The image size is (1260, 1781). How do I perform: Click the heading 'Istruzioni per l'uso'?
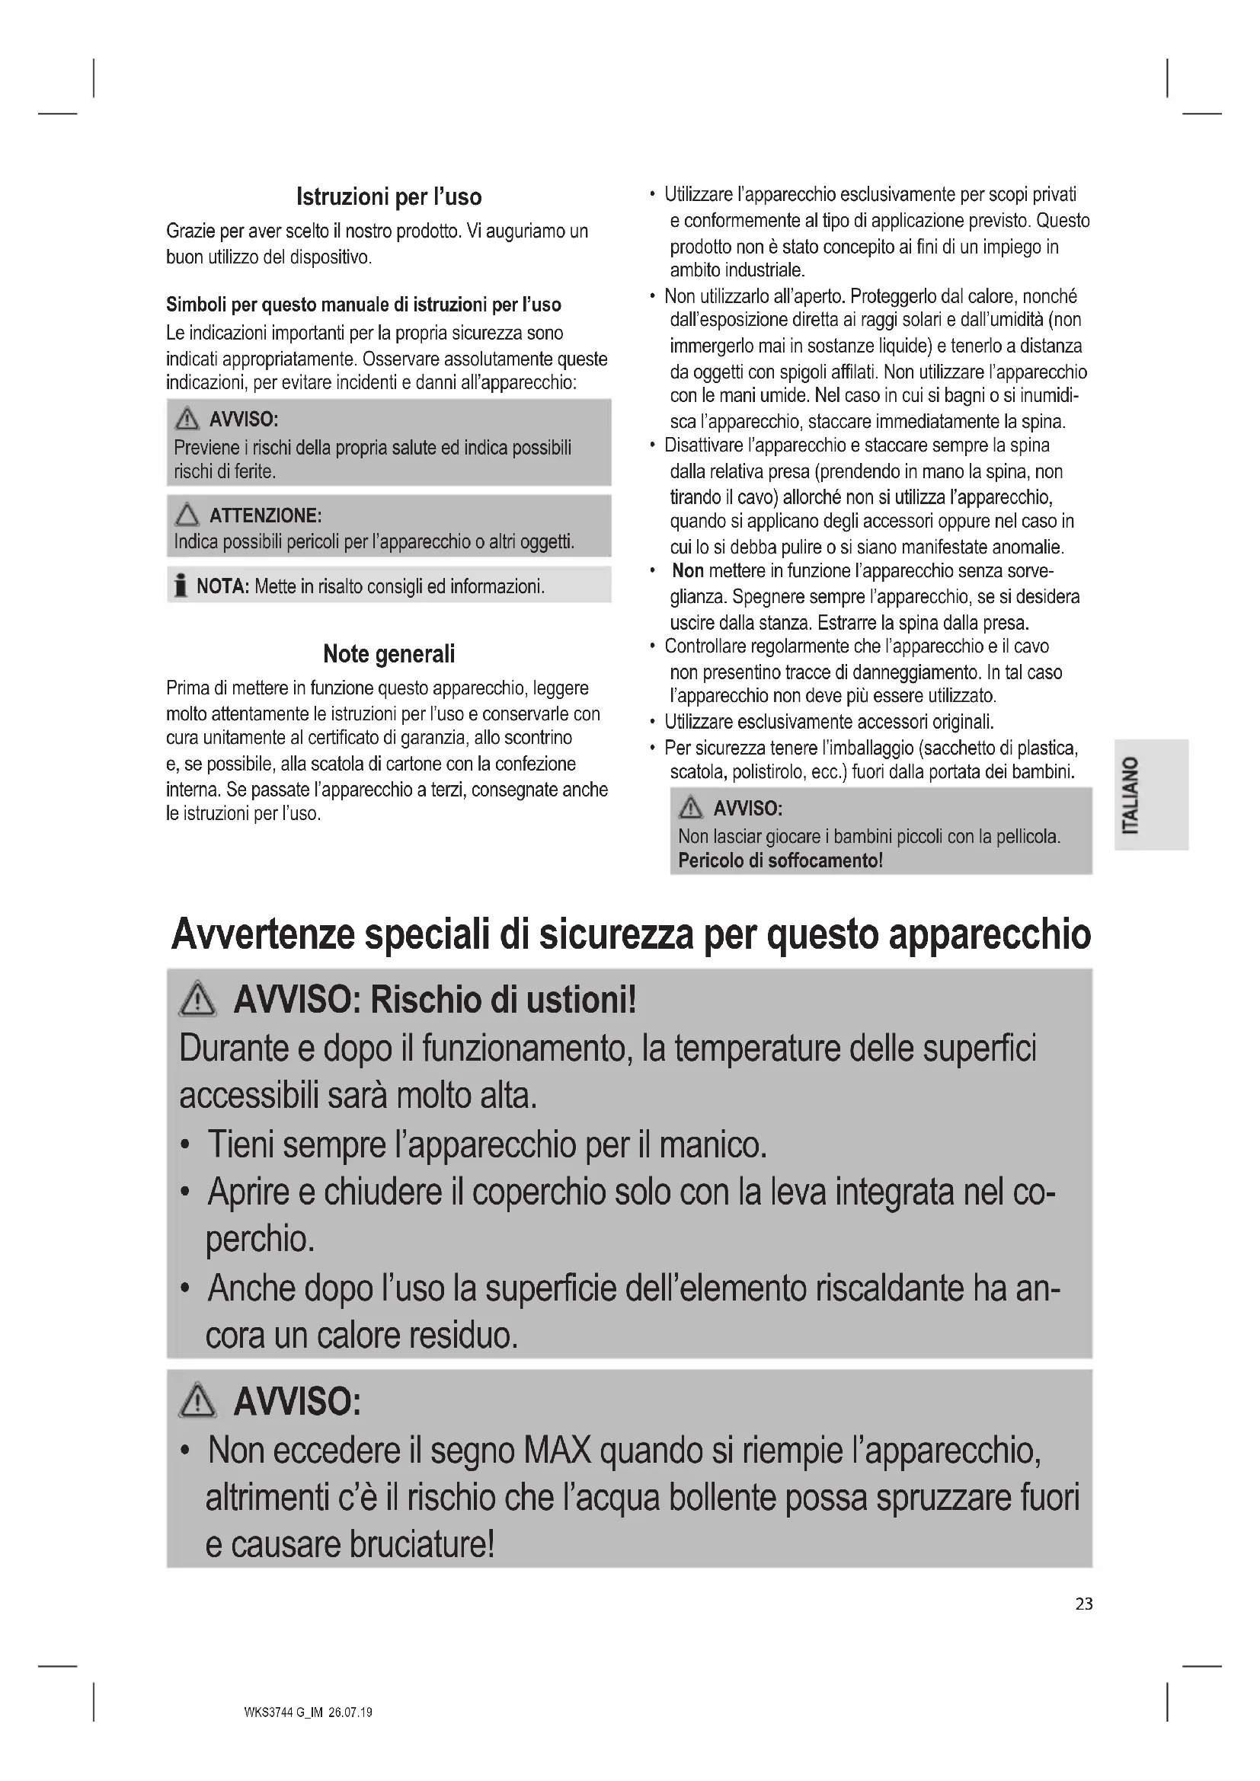pos(389,197)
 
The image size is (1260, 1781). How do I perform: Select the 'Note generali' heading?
pos(389,654)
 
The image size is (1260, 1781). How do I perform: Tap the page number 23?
pos(1084,1604)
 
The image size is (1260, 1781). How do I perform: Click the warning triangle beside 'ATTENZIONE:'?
pos(187,514)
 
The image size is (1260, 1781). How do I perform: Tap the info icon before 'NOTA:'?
pos(181,586)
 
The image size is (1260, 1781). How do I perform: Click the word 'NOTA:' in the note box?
pos(222,586)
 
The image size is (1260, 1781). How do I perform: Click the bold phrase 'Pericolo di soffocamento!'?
pos(780,860)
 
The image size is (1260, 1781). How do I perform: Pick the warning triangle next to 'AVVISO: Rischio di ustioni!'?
pos(198,999)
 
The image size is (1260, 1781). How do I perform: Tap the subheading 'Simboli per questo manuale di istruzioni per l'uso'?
pos(363,304)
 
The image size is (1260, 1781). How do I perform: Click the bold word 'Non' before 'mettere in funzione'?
pos(687,571)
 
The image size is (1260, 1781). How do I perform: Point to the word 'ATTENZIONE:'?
pos(265,515)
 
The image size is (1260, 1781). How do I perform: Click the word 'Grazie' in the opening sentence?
pos(188,231)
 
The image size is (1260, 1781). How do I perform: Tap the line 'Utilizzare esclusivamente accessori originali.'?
pos(829,722)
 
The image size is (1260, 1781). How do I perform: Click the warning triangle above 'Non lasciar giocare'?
pos(689,809)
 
